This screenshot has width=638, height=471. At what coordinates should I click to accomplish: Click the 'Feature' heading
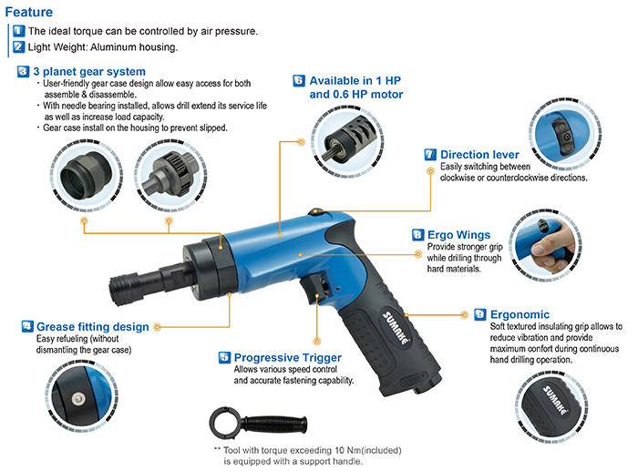(x=29, y=12)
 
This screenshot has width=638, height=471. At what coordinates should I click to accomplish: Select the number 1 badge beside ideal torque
(x=18, y=31)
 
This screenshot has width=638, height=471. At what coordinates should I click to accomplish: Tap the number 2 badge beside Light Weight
(x=18, y=46)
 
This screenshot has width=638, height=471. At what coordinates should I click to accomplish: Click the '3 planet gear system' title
(x=88, y=71)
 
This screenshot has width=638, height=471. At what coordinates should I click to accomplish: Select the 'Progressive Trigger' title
(x=287, y=357)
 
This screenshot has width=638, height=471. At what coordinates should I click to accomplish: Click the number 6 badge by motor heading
(x=298, y=80)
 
